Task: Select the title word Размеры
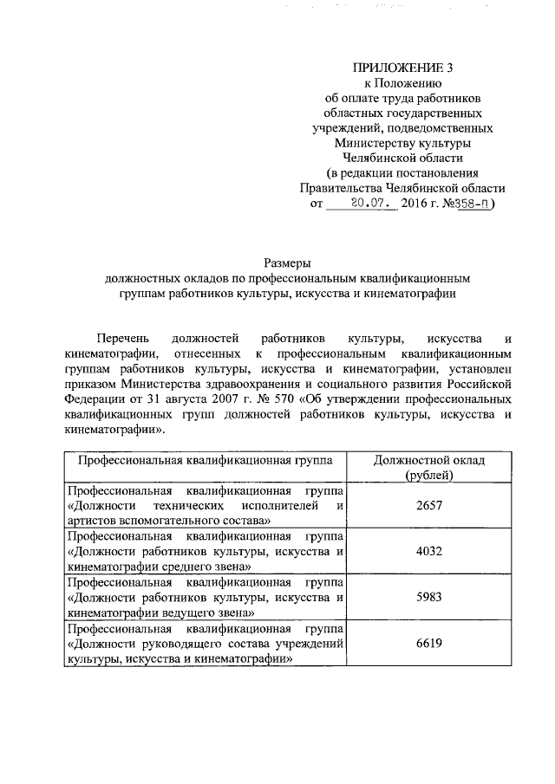[287, 262]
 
